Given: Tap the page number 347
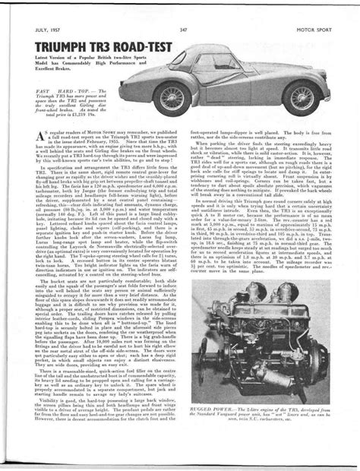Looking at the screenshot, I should [183, 8].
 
